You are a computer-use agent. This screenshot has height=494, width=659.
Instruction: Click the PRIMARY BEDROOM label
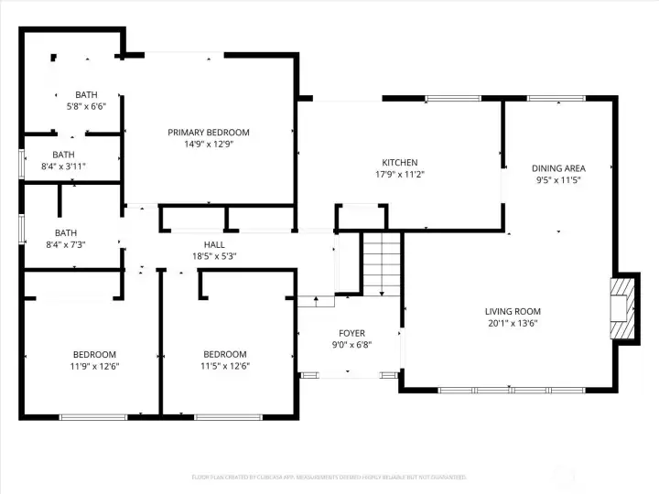209,133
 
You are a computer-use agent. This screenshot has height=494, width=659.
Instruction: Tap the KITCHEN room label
400,162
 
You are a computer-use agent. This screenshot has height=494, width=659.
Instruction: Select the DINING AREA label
558,168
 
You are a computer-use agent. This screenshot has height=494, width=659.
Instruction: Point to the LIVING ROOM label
513,311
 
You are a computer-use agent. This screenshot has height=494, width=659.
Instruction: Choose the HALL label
214,244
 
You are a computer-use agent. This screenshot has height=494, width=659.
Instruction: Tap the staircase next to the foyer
382,263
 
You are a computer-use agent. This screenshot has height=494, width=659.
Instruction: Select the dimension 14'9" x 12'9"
209,145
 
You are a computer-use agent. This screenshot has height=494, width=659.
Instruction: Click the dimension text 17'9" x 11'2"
400,174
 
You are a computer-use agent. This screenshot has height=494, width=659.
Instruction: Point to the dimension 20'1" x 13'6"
513,323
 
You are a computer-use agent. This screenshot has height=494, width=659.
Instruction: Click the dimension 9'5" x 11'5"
558,180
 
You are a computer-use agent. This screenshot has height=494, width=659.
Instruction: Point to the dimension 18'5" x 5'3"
214,256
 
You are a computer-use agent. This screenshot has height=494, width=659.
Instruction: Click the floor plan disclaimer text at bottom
329,477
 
